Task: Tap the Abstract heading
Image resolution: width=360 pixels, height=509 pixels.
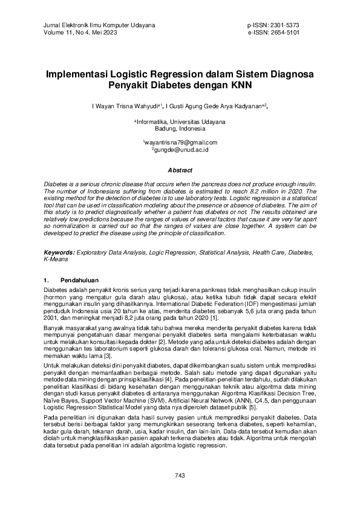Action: pos(180,170)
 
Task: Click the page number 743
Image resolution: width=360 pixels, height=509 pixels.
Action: pos(180,476)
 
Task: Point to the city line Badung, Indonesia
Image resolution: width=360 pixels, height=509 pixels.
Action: pos(180,129)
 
